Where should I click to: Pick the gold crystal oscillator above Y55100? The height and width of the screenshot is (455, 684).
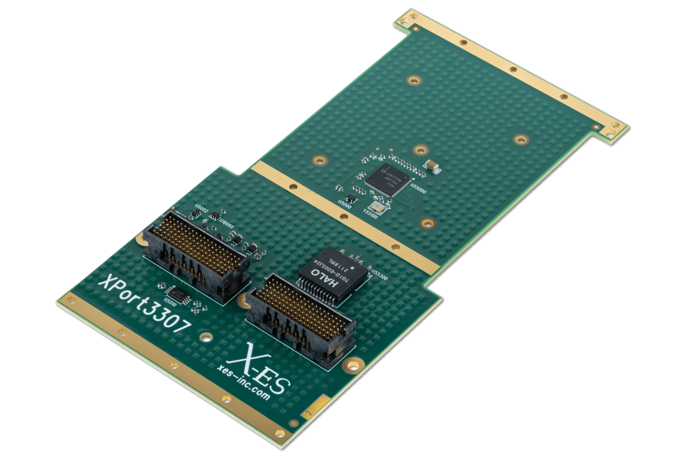tap(378, 206)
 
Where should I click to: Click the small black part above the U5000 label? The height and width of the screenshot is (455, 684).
tap(350, 198)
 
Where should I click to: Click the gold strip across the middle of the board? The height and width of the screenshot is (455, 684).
tap(343, 216)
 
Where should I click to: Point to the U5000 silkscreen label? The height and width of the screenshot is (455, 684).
tap(345, 205)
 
